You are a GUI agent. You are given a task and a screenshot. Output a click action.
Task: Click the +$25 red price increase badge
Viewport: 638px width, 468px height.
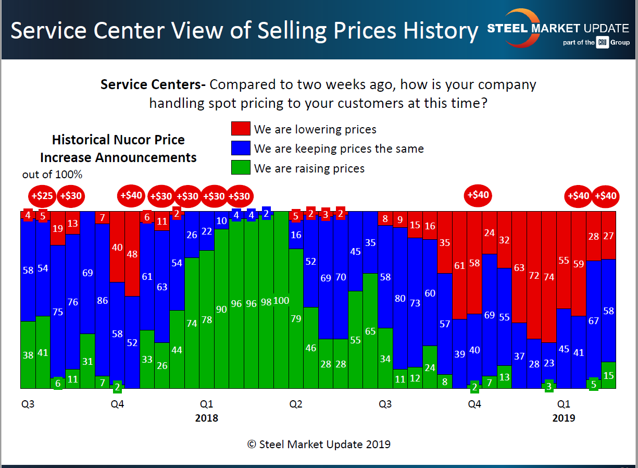(43, 196)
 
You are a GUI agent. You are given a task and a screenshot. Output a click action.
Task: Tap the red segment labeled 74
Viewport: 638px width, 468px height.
(548, 276)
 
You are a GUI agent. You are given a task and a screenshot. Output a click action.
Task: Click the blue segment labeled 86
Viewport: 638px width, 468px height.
(103, 300)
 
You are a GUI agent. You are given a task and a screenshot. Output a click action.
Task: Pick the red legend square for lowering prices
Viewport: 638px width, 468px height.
(240, 129)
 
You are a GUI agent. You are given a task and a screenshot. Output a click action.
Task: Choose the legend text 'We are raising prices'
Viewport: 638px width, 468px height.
(309, 168)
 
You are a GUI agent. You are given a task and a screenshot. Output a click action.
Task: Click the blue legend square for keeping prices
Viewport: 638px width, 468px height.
(240, 149)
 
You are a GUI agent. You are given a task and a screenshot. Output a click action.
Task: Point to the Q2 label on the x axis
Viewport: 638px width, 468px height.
(296, 404)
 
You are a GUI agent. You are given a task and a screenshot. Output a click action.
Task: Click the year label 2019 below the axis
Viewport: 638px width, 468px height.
(564, 418)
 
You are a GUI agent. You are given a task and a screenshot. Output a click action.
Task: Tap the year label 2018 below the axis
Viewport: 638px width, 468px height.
(207, 418)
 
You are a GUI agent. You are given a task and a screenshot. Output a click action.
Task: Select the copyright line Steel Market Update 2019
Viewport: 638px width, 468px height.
(319, 445)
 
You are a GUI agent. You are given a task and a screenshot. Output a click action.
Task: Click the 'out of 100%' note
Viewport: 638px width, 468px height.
(52, 175)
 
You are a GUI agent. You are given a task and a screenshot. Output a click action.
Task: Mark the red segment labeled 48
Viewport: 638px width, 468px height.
(132, 254)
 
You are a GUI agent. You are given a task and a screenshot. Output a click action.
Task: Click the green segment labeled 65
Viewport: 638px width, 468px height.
(370, 331)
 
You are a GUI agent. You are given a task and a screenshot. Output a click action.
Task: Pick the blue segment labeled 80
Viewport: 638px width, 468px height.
(400, 298)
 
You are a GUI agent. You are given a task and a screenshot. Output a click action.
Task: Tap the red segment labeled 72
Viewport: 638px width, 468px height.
(534, 275)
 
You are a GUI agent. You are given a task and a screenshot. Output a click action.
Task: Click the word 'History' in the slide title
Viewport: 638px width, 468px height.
(441, 31)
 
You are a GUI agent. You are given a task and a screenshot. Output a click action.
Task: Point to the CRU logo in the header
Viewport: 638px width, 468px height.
(603, 43)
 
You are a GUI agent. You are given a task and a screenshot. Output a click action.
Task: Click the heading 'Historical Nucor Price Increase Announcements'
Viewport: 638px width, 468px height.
(118, 149)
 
